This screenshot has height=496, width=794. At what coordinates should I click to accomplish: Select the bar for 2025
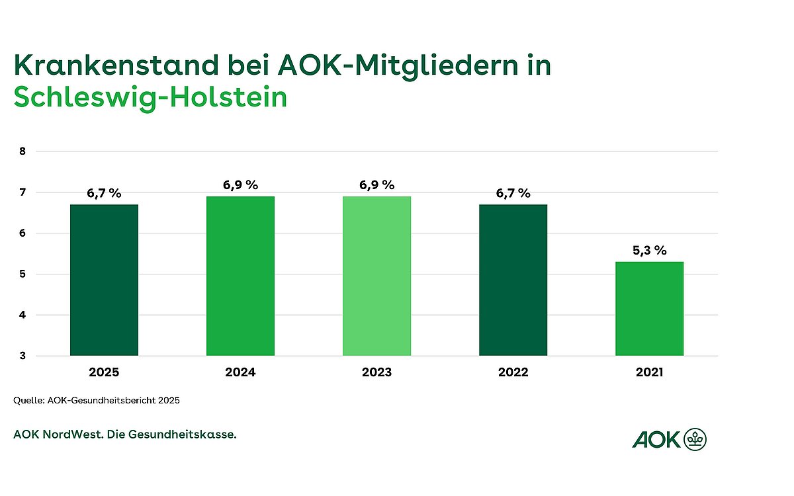point(104,280)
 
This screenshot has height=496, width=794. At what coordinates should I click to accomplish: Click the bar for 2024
point(240,276)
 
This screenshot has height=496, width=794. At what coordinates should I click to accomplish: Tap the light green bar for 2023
point(376,276)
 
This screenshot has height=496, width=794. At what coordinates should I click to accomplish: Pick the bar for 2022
point(513,280)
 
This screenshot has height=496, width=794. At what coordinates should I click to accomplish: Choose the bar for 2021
point(649,308)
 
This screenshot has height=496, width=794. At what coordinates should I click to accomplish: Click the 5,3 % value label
point(649,251)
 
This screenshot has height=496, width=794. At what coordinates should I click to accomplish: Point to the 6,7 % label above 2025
point(104,193)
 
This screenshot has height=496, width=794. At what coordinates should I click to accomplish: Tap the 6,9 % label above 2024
point(240,185)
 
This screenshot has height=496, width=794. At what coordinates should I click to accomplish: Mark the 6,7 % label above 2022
point(513,193)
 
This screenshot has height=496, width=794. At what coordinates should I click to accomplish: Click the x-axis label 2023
point(376,372)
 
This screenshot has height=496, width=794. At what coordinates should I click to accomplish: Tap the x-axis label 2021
point(649,372)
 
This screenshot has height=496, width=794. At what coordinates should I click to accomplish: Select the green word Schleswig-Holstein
point(150,98)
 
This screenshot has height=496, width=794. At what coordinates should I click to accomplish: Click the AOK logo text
point(656,438)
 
